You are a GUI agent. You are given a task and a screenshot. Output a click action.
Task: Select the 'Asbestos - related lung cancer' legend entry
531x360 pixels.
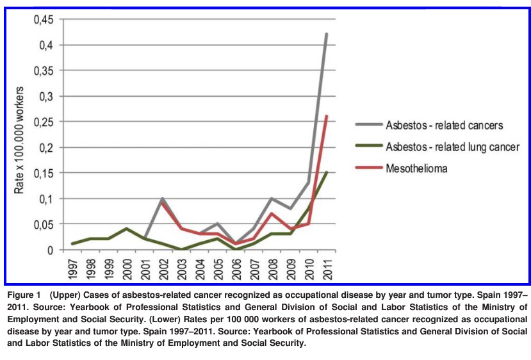pos(452,147)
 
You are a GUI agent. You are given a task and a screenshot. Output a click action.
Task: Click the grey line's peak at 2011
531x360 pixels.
pos(327,34)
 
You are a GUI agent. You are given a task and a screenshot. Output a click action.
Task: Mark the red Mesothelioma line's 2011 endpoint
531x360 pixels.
pos(327,117)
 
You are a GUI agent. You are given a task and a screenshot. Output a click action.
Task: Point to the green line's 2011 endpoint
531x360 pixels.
pos(327,172)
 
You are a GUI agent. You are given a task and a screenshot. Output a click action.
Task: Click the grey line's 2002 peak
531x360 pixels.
pos(163,199)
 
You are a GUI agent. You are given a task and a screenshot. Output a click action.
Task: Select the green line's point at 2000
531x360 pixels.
pos(127,229)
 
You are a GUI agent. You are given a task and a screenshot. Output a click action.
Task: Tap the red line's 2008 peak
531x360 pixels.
pos(272,213)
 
